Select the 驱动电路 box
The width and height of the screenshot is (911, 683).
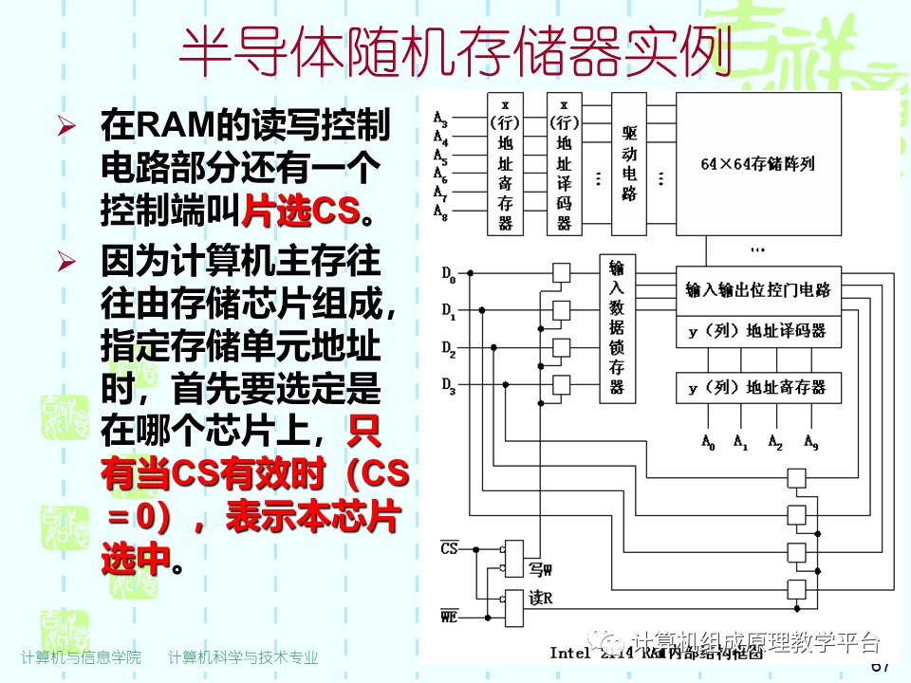coord(629,163)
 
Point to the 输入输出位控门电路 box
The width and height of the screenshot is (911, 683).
coord(757,289)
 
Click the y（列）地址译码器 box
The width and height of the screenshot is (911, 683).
coord(757,331)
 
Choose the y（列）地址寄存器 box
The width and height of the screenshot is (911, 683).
coord(757,387)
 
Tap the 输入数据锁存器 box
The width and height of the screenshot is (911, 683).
coord(617,328)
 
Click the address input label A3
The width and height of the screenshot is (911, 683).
coord(440,119)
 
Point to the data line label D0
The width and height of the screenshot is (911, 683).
coord(448,276)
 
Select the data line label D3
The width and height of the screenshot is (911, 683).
coord(448,385)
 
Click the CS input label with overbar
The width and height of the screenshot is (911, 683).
coord(449,548)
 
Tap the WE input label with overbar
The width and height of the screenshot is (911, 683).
coord(449,618)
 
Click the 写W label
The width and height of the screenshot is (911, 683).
coord(541,570)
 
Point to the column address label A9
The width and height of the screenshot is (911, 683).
coord(811,441)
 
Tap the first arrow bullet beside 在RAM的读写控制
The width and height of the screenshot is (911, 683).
coord(65,126)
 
